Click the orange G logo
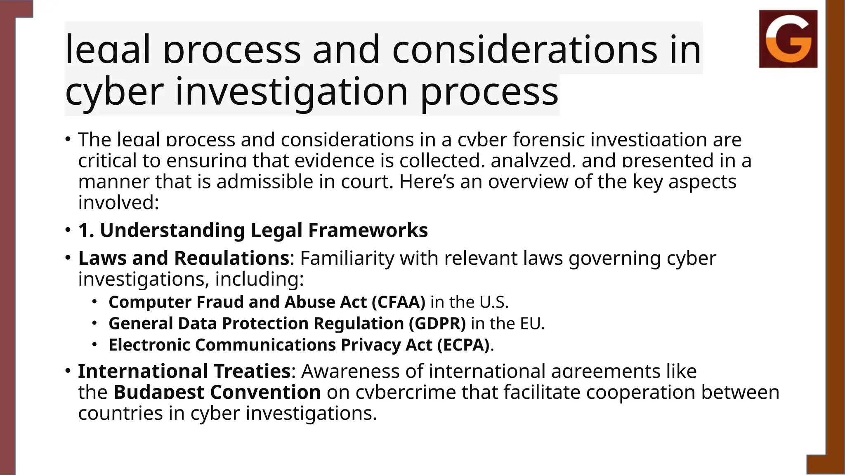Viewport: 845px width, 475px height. [788, 39]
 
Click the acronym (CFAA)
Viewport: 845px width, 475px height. [398, 302]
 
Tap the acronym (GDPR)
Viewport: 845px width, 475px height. [437, 323]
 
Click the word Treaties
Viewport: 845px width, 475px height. [252, 371]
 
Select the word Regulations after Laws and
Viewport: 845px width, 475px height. [231, 258]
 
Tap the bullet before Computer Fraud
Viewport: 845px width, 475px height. [94, 302]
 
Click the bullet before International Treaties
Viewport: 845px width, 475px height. [67, 371]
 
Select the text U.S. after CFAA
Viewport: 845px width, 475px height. [493, 302]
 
